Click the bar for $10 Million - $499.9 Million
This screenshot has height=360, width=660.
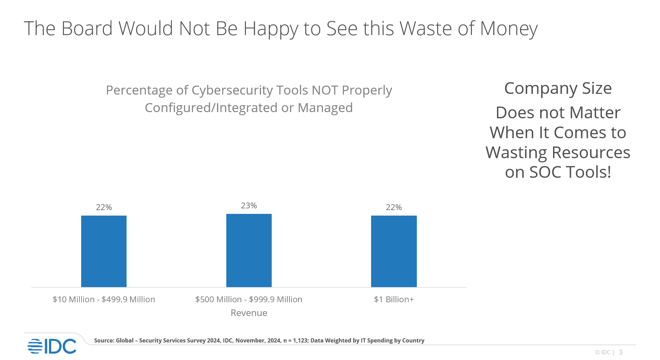[104, 251]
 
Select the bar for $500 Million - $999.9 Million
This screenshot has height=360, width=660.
[249, 250]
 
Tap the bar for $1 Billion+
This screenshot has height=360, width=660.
[394, 251]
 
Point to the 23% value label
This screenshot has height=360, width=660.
[249, 206]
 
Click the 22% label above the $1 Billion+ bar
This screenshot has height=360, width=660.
[394, 207]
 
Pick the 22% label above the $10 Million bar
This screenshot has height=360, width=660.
[104, 207]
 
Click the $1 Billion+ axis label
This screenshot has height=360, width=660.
[394, 299]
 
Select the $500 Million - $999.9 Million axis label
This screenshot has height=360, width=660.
[249, 299]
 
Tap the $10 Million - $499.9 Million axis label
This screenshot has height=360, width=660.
[104, 299]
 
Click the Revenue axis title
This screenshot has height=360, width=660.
[249, 313]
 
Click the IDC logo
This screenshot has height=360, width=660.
[52, 346]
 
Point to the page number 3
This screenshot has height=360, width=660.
[621, 352]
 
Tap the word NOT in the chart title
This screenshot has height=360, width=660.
[325, 90]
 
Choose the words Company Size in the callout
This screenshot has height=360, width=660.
[558, 88]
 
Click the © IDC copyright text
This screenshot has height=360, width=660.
[603, 352]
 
